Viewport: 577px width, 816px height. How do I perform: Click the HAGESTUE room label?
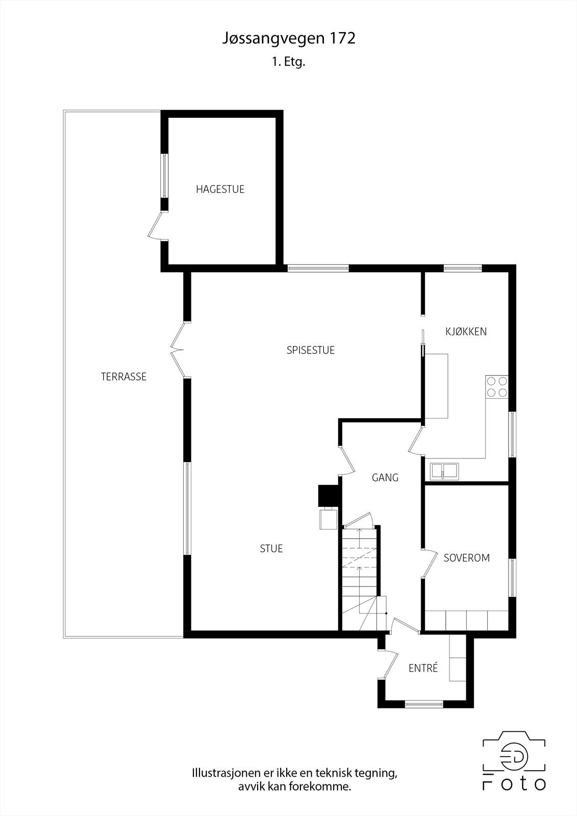pos(220,189)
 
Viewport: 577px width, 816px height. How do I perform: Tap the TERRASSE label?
pos(123,377)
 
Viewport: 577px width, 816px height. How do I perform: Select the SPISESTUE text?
pos(310,350)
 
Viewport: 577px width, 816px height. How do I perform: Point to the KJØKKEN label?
pos(466,331)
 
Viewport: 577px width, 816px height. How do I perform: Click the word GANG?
pos(385,478)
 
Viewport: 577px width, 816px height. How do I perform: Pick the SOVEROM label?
pos(466,558)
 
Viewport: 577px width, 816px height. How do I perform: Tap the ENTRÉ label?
pos(423,668)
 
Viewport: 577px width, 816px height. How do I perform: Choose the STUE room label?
pos(271,549)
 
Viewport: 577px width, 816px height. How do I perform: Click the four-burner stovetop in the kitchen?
pos(496,387)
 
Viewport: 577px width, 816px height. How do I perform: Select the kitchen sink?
pos(444,470)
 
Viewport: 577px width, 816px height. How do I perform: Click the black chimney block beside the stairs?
pos(328,495)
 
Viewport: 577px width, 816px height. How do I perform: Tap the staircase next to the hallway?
pos(360,576)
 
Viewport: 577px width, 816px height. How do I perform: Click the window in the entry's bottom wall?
pos(424,704)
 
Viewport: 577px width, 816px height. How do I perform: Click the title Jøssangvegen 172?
pos(288,39)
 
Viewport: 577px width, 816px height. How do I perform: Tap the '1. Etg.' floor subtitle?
pos(288,63)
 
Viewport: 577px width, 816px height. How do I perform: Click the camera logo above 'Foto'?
pos(514,756)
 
